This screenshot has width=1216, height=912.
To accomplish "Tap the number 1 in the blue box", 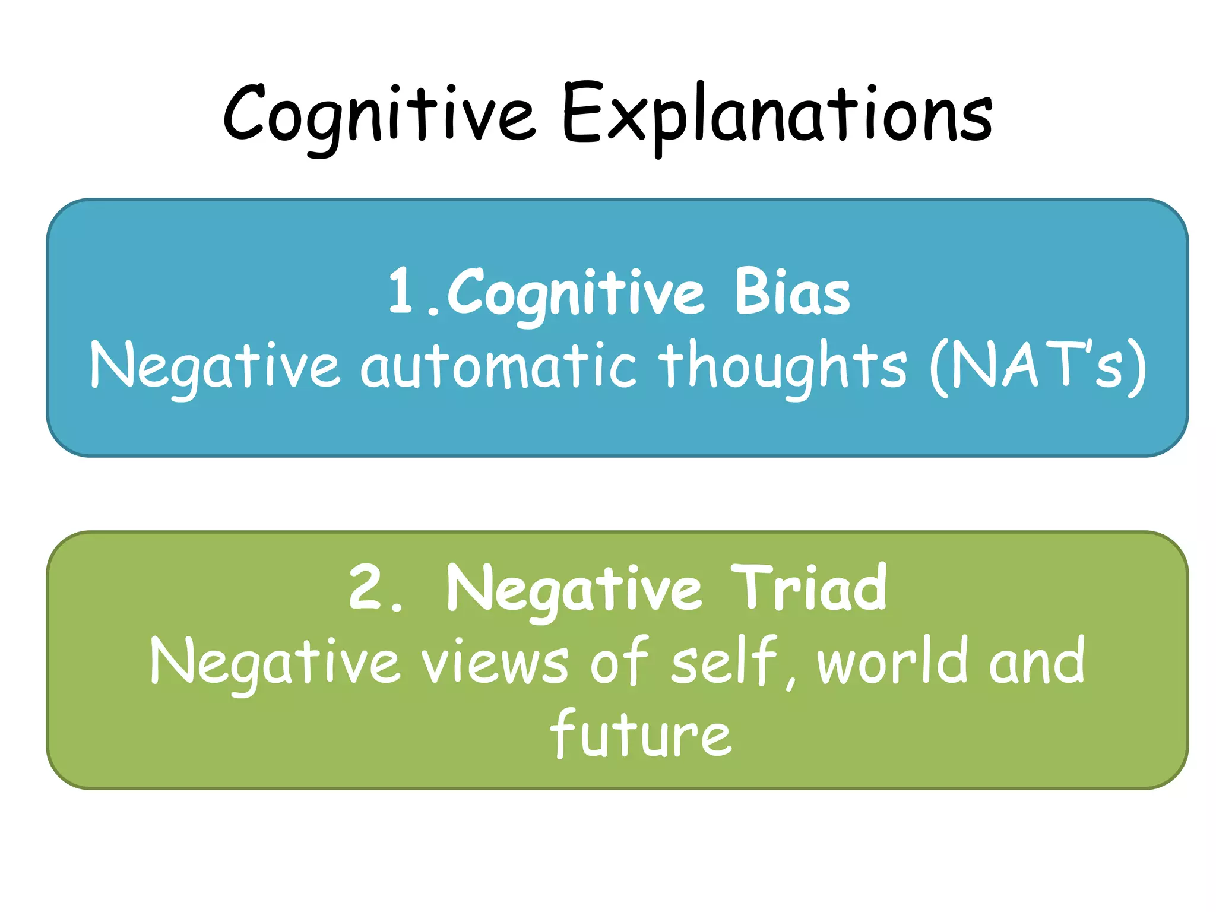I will click(x=400, y=291).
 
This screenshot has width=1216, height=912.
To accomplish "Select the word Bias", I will click(x=792, y=292).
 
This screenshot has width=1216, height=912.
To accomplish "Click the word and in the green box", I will click(x=1037, y=660).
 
